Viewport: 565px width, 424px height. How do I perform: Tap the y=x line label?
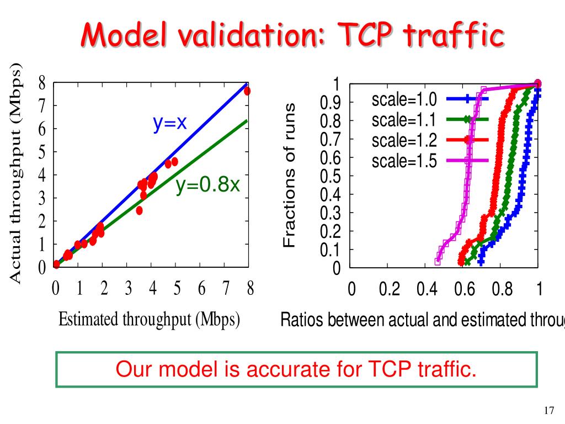170,124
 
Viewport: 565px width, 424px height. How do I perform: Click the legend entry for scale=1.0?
404,100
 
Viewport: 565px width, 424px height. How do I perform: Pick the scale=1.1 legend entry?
404,120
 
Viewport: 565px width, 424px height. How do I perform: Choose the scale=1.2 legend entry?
404,140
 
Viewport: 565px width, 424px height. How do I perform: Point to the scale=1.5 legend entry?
404,161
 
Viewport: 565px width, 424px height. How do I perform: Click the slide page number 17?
548,410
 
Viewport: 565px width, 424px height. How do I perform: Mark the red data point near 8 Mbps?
247,91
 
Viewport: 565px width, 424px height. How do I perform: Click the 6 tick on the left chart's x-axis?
201,288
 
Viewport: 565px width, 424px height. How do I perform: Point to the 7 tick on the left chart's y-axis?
42,105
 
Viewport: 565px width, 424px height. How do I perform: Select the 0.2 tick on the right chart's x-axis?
390,289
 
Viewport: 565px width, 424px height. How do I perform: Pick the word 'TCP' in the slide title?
367,35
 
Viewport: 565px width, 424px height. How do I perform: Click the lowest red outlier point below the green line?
139,210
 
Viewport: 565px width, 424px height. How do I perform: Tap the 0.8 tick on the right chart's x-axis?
502,289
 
